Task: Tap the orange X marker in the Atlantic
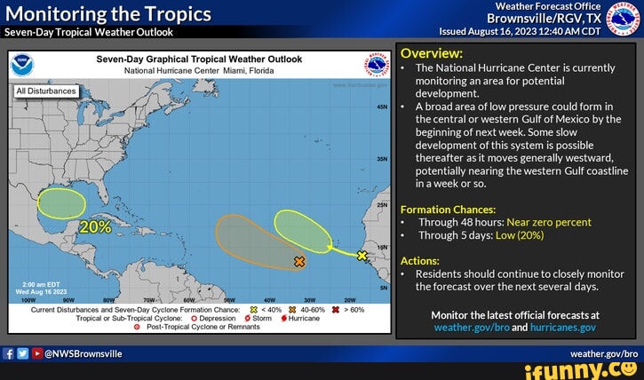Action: pyautogui.click(x=299, y=262)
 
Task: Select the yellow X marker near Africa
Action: pyautogui.click(x=362, y=256)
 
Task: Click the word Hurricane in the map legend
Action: pyautogui.click(x=302, y=318)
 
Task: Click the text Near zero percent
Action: pyautogui.click(x=549, y=222)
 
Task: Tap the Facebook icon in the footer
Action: pyautogui.click(x=8, y=352)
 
